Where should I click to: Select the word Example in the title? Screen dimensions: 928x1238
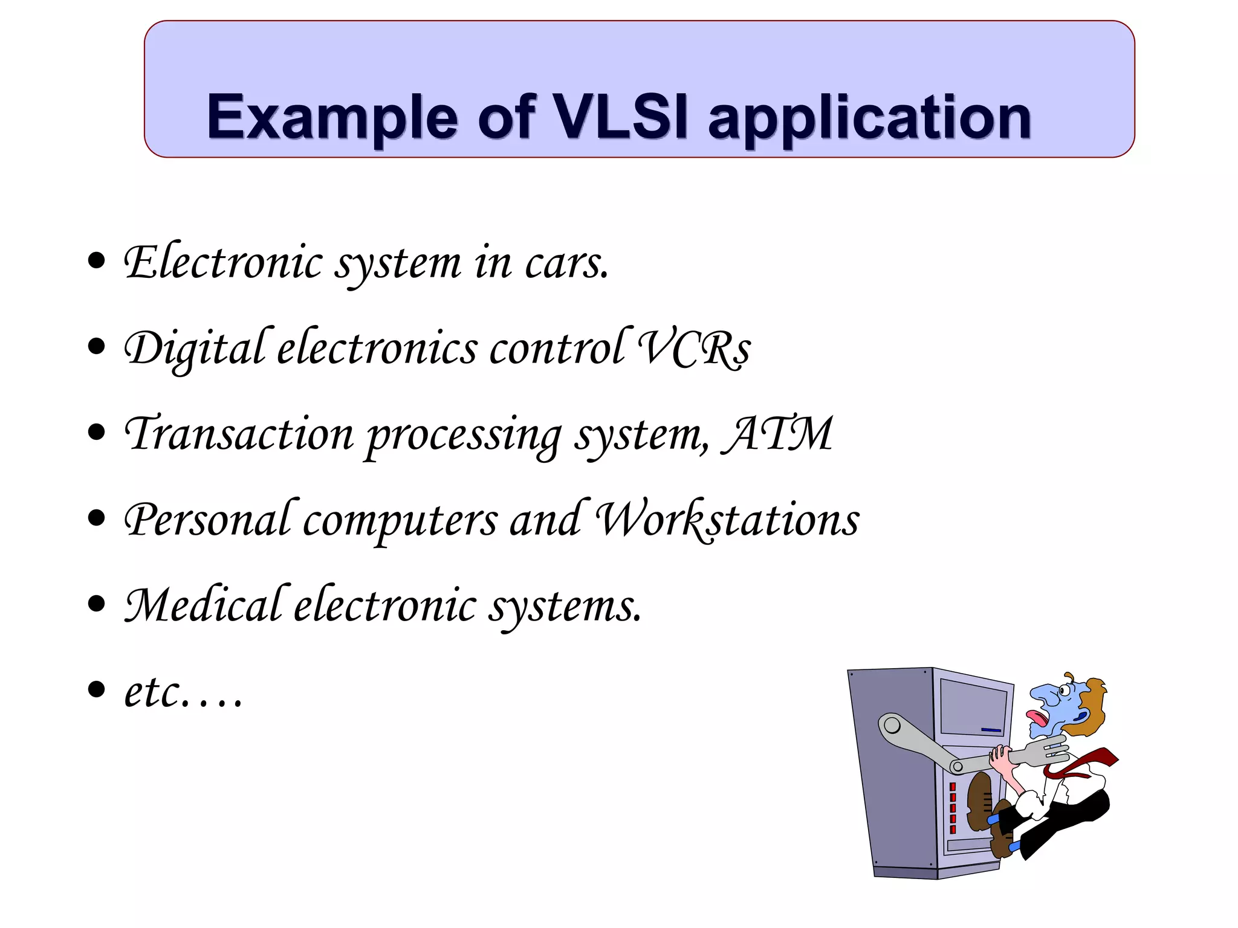[x=332, y=118]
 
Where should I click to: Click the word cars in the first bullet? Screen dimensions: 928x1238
[x=566, y=263]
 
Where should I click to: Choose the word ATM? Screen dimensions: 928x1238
[x=780, y=434]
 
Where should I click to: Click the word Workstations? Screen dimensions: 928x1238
[x=728, y=520]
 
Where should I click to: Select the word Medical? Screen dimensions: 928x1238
[x=203, y=605]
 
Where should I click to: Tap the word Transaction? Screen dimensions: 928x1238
[x=239, y=434]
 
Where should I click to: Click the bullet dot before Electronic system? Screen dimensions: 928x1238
[x=96, y=261]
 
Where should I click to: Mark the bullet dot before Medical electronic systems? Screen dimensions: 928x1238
[x=96, y=603]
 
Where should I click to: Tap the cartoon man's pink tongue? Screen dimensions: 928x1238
[x=1037, y=718]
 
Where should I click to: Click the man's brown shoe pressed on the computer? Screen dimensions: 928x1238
[x=979, y=801]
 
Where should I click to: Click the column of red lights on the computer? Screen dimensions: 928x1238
[x=953, y=807]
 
